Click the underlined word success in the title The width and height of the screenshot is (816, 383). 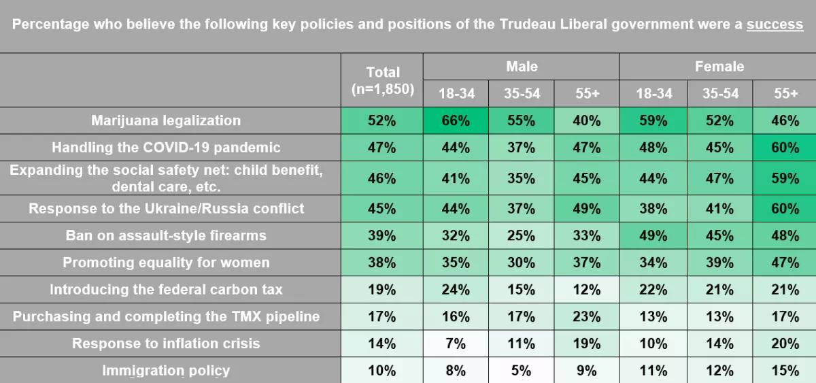[775, 24]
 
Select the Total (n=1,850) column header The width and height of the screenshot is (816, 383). [383, 80]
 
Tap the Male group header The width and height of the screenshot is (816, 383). [522, 67]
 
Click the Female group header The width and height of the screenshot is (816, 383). [719, 67]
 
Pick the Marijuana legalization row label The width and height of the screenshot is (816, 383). [166, 120]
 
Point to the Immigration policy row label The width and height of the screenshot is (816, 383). [166, 371]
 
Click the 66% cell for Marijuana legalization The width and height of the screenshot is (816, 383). [456, 121]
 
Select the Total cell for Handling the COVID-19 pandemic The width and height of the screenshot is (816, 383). [382, 148]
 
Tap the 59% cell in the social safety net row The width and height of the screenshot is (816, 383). [785, 178]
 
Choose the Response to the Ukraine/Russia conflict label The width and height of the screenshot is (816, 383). [166, 209]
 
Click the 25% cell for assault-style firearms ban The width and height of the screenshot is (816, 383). [522, 236]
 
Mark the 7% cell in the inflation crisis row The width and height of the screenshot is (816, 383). [456, 344]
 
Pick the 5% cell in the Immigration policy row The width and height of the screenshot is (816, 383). [522, 371]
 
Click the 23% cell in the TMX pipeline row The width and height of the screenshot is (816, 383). [586, 316]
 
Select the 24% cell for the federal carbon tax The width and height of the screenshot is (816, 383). [456, 290]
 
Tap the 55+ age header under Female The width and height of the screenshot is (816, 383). [785, 94]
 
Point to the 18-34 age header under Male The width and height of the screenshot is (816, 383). [456, 94]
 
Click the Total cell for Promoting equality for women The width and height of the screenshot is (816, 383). [382, 263]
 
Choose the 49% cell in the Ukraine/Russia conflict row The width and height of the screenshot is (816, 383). [586, 209]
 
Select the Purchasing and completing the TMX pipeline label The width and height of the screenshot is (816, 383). [166, 316]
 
